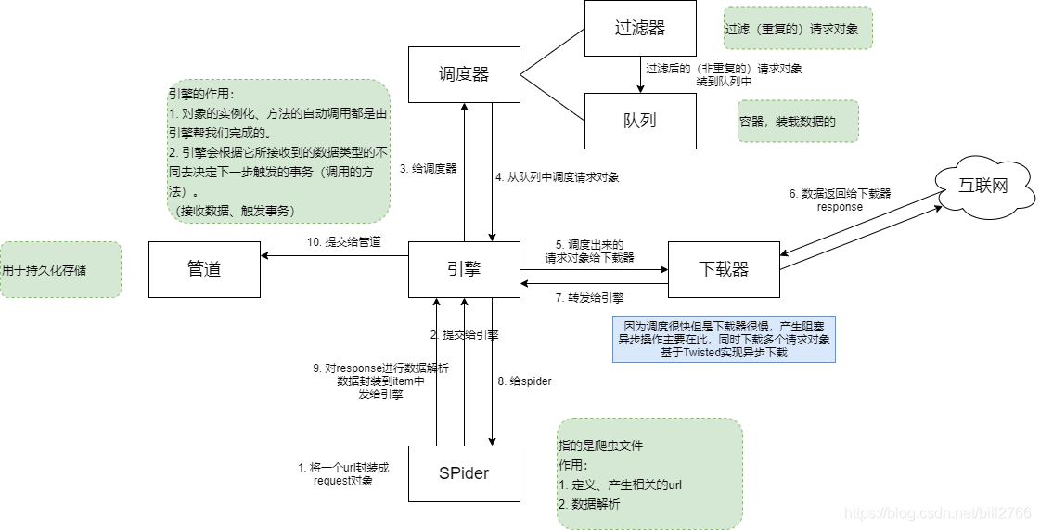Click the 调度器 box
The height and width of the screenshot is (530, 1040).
pos(464,74)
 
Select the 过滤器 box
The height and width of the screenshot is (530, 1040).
pos(640,28)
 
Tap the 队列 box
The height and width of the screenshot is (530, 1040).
pos(640,121)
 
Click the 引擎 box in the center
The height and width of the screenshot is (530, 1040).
pos(464,270)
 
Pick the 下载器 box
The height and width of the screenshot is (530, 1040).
pos(724,270)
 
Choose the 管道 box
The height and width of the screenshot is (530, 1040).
pos(204,270)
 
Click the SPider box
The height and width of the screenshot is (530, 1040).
pos(464,473)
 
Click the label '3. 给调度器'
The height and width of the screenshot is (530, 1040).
pos(429,169)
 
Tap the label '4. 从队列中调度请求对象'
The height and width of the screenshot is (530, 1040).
pos(557,176)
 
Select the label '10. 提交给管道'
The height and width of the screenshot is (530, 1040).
pos(344,242)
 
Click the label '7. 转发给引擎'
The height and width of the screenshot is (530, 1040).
pos(589,298)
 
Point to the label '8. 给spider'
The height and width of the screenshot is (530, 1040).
pos(525,381)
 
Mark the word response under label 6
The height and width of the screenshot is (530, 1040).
pos(840,207)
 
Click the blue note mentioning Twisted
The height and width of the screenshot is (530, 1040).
pos(724,340)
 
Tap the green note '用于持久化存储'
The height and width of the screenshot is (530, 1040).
pos(60,270)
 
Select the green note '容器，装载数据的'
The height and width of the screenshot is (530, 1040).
pos(798,122)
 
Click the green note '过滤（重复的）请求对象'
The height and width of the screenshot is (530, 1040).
pos(798,29)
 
